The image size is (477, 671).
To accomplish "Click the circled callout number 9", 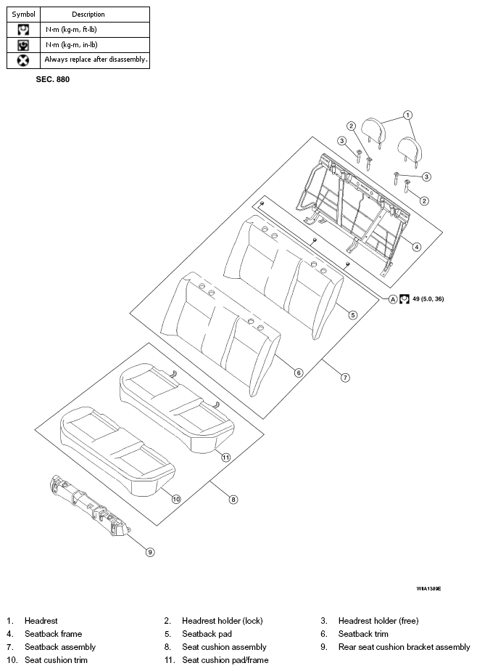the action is point(150,552).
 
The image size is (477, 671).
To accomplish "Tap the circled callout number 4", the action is point(416,246).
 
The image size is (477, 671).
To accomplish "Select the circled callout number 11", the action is point(225,457).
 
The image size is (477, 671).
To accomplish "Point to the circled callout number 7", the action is point(345,378).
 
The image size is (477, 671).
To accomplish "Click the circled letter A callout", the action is point(393,299).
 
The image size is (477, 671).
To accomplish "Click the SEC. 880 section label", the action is point(52,79).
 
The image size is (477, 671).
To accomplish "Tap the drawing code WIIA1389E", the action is point(428,589).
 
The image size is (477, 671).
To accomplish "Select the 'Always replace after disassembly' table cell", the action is point(95,60).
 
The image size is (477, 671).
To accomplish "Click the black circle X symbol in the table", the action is point(23,60).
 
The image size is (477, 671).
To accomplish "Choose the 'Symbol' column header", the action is point(23,14).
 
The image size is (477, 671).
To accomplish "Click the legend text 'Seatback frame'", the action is point(54,634).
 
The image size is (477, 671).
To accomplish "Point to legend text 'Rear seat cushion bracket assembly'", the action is point(404,647).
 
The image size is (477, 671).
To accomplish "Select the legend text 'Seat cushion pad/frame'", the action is point(225,660).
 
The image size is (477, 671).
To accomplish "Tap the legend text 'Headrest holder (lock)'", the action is point(222,621).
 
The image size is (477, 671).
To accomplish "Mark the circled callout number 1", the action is point(407,115).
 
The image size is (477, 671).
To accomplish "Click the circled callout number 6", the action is point(299,373).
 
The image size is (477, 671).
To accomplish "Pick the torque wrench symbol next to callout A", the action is point(405,299).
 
